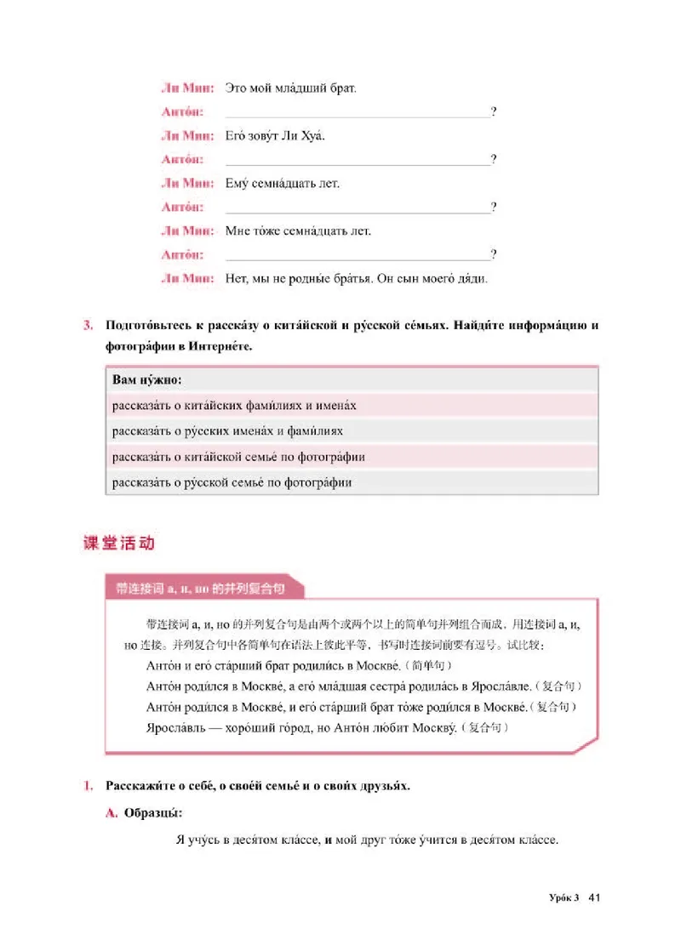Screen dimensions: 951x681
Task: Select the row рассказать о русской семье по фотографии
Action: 231,482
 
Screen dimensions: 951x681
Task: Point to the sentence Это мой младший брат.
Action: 290,88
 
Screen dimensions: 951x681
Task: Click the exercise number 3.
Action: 88,325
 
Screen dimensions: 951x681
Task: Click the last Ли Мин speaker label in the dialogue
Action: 186,278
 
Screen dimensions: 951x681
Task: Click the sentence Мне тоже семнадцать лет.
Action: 298,231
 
